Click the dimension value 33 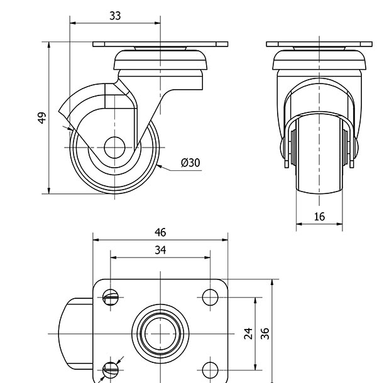coord(115,16)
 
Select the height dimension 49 coord(41,118)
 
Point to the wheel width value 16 coord(319,217)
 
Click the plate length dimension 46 coord(160,232)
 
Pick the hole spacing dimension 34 coord(160,250)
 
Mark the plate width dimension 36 coord(265,332)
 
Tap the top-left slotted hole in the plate coord(112,296)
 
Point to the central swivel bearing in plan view coord(160,332)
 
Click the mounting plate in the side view coord(160,45)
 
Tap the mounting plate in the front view coord(319,45)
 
